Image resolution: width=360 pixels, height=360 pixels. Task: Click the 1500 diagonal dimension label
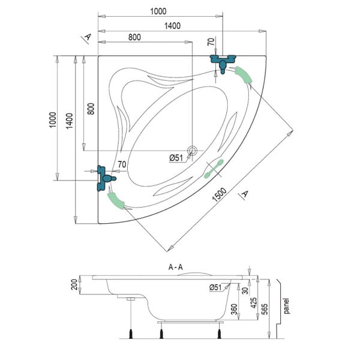(x=220, y=194)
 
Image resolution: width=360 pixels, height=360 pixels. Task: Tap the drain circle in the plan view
(x=192, y=151)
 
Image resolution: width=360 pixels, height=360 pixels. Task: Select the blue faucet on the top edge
(x=223, y=63)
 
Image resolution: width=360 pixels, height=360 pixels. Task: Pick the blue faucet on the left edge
(x=104, y=178)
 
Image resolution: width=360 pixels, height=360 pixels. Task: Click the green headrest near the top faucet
(x=244, y=75)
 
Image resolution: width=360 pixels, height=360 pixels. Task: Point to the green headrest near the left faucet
(x=115, y=201)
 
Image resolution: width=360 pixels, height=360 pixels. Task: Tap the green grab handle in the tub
(x=214, y=169)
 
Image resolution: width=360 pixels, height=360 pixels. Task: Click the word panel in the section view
(x=286, y=306)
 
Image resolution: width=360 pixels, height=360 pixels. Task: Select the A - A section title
(x=176, y=267)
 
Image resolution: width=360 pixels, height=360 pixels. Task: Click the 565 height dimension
(x=265, y=309)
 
